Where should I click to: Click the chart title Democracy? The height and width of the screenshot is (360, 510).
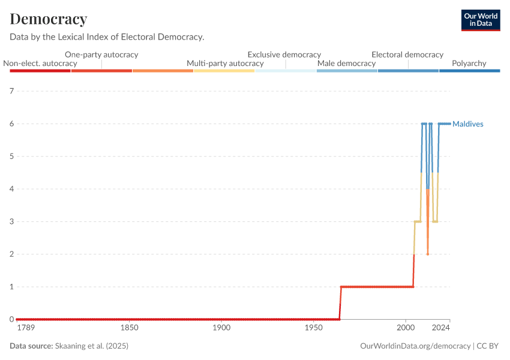(49, 19)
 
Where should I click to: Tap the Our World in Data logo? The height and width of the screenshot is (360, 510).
(480, 20)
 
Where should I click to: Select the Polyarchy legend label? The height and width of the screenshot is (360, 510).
(469, 63)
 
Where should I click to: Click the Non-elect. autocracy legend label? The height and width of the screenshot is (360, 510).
(40, 63)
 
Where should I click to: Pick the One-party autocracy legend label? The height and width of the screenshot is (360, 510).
(101, 54)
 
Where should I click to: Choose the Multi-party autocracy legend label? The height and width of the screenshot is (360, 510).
(225, 63)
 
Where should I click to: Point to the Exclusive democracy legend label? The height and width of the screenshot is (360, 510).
(284, 54)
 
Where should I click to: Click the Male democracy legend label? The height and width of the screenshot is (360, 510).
(346, 63)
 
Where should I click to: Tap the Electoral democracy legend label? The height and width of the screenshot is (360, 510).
(407, 54)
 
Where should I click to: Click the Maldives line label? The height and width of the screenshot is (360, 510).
(468, 124)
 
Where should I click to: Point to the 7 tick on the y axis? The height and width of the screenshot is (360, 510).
(11, 91)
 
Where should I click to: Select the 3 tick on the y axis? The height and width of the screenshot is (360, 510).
(11, 221)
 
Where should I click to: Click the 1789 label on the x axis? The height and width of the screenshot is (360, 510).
(25, 328)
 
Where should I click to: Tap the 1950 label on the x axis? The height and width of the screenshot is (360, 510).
(313, 328)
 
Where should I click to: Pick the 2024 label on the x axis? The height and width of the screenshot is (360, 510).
(441, 328)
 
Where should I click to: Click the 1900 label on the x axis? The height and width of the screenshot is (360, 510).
(221, 328)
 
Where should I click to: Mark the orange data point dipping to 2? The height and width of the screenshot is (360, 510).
(428, 254)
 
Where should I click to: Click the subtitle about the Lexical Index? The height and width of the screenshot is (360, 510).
(107, 37)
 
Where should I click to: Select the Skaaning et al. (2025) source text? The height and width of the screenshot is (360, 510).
(92, 346)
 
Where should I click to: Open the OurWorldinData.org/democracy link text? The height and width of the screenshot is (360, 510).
(415, 346)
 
